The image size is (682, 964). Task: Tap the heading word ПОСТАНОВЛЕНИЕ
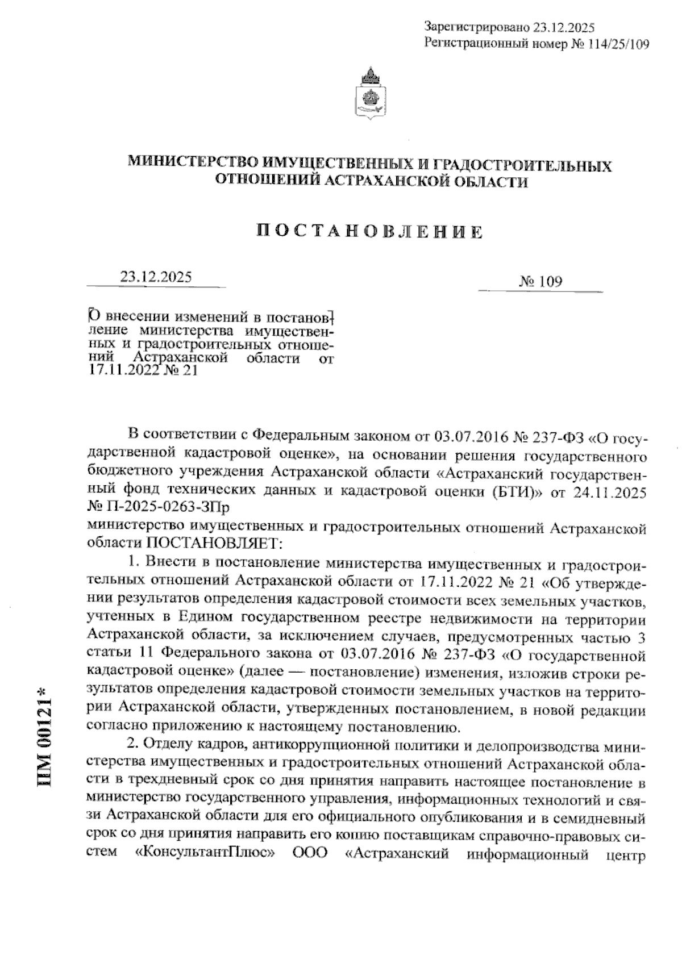pos(369,232)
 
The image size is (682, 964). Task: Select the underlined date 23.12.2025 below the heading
pos(156,277)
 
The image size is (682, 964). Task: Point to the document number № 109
pos(540,282)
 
